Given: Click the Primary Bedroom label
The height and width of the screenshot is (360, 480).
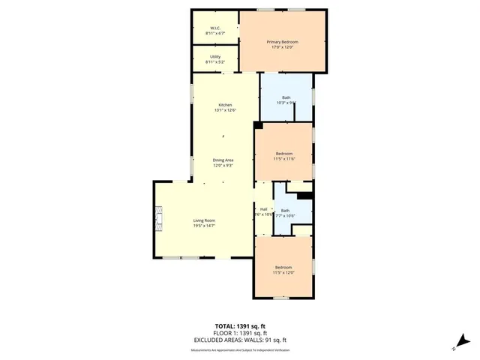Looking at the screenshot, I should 283,42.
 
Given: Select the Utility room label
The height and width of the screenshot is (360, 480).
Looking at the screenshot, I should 214,57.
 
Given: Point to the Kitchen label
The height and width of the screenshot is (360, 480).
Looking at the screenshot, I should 225,105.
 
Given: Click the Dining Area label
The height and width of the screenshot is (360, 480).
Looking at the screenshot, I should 224,160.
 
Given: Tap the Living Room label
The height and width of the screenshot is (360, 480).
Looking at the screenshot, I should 205,220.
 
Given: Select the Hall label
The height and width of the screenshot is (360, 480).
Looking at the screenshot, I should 263,209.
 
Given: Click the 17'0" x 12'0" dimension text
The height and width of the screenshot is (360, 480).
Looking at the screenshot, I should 283,48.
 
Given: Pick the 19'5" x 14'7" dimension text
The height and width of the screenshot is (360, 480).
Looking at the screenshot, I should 205,226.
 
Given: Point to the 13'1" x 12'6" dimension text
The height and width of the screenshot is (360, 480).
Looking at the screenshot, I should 225,110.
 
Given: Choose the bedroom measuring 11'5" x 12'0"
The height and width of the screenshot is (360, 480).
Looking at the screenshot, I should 283,270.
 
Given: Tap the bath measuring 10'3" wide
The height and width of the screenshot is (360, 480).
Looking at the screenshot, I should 286,100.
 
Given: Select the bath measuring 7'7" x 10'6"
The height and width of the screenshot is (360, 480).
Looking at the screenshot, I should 285,213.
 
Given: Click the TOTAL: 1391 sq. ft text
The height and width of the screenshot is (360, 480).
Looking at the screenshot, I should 239,326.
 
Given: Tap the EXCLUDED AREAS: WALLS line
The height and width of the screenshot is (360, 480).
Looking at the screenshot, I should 239,340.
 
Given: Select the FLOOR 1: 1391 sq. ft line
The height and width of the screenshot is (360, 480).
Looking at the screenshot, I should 239,333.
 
